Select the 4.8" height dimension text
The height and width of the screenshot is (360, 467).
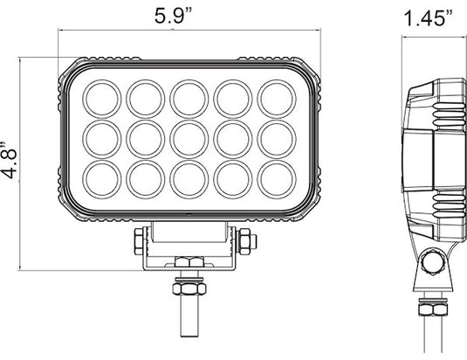(x=11, y=158)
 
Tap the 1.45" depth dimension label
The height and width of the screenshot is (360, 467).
(x=429, y=17)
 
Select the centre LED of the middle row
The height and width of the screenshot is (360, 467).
(x=188, y=135)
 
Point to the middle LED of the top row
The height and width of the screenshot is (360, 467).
(x=188, y=96)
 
